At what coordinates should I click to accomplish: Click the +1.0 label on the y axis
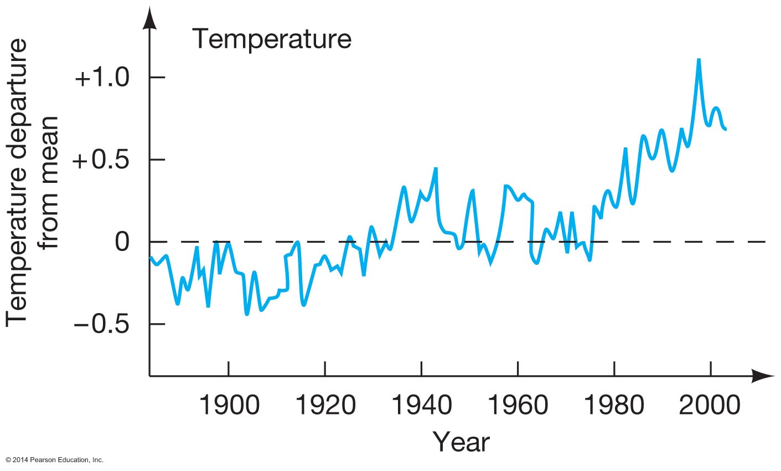point(101,78)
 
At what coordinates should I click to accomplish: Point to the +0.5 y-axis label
point(101,160)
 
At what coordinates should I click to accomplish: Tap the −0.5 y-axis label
point(101,324)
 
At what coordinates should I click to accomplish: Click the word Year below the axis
point(461,442)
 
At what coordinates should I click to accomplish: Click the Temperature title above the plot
point(271,40)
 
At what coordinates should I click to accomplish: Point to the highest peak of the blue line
point(699,59)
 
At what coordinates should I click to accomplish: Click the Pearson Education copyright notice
point(54,460)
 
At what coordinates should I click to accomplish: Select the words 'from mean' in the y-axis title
point(50,183)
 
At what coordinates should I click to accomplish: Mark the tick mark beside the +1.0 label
point(158,78)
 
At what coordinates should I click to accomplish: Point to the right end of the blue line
point(725,129)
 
